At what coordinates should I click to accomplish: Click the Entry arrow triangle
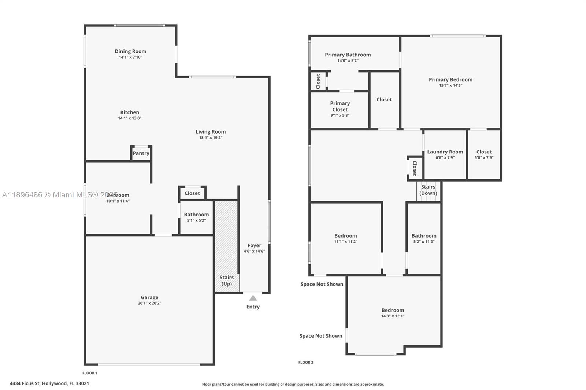[253, 298]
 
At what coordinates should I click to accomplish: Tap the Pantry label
[141, 153]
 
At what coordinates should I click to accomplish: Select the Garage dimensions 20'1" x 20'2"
[149, 303]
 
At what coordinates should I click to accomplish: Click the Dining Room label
[130, 51]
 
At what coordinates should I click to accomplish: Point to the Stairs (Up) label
[227, 281]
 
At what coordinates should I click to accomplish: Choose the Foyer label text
[254, 245]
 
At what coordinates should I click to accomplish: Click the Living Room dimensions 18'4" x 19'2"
[211, 138]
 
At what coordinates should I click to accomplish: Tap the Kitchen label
[130, 112]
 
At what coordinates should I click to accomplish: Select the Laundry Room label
[445, 152]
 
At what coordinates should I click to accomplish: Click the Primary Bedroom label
[450, 79]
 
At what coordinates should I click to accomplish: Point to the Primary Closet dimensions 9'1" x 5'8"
[340, 115]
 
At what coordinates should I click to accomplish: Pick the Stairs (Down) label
[428, 190]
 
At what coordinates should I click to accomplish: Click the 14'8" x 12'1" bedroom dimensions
[393, 316]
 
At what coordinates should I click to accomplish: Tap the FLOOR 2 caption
[306, 363]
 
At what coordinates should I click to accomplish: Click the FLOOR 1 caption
[90, 373]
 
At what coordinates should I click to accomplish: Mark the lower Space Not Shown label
[321, 336]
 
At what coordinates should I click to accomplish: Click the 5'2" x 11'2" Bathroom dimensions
[424, 242]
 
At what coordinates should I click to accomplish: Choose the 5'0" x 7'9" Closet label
[484, 152]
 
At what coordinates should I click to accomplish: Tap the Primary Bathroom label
[348, 55]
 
